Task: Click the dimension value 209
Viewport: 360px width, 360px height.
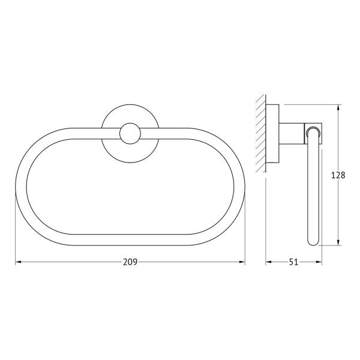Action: pyautogui.click(x=130, y=262)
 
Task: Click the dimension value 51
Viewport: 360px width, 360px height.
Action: pyautogui.click(x=293, y=262)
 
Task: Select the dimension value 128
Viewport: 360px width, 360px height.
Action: pyautogui.click(x=338, y=175)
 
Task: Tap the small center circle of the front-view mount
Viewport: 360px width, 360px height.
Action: pyautogui.click(x=130, y=134)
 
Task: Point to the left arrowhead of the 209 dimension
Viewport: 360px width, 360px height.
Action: pyautogui.click(x=19, y=262)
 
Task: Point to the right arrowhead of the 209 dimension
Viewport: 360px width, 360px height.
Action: pyautogui.click(x=242, y=262)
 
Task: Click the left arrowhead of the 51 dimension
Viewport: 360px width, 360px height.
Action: pyautogui.click(x=269, y=262)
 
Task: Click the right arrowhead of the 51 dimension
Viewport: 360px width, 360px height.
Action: pyautogui.click(x=319, y=262)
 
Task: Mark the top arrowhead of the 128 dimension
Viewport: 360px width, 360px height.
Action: pyautogui.click(x=338, y=108)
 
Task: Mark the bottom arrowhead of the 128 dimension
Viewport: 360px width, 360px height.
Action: pyautogui.click(x=338, y=242)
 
